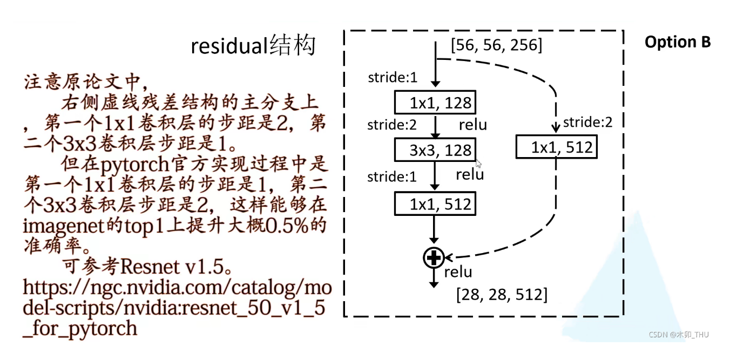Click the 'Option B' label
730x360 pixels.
click(x=678, y=42)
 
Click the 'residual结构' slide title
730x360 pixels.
click(x=253, y=46)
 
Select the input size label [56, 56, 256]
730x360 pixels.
click(x=496, y=45)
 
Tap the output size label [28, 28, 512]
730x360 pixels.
click(x=502, y=295)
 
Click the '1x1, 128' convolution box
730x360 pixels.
click(x=435, y=103)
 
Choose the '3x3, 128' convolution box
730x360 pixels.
click(x=435, y=150)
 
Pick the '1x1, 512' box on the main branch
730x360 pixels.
click(x=435, y=204)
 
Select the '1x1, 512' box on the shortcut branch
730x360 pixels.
click(x=556, y=147)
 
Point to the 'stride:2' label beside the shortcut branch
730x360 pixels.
click(x=587, y=123)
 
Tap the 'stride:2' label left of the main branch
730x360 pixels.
click(x=392, y=125)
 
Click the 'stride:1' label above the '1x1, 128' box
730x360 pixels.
click(x=393, y=78)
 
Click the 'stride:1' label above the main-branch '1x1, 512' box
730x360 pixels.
click(x=392, y=176)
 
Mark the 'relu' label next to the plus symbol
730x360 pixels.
click(x=458, y=272)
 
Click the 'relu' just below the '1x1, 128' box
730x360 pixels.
click(x=473, y=125)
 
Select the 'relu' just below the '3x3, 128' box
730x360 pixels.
click(x=470, y=174)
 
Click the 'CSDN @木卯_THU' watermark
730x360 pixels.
click(x=679, y=335)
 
